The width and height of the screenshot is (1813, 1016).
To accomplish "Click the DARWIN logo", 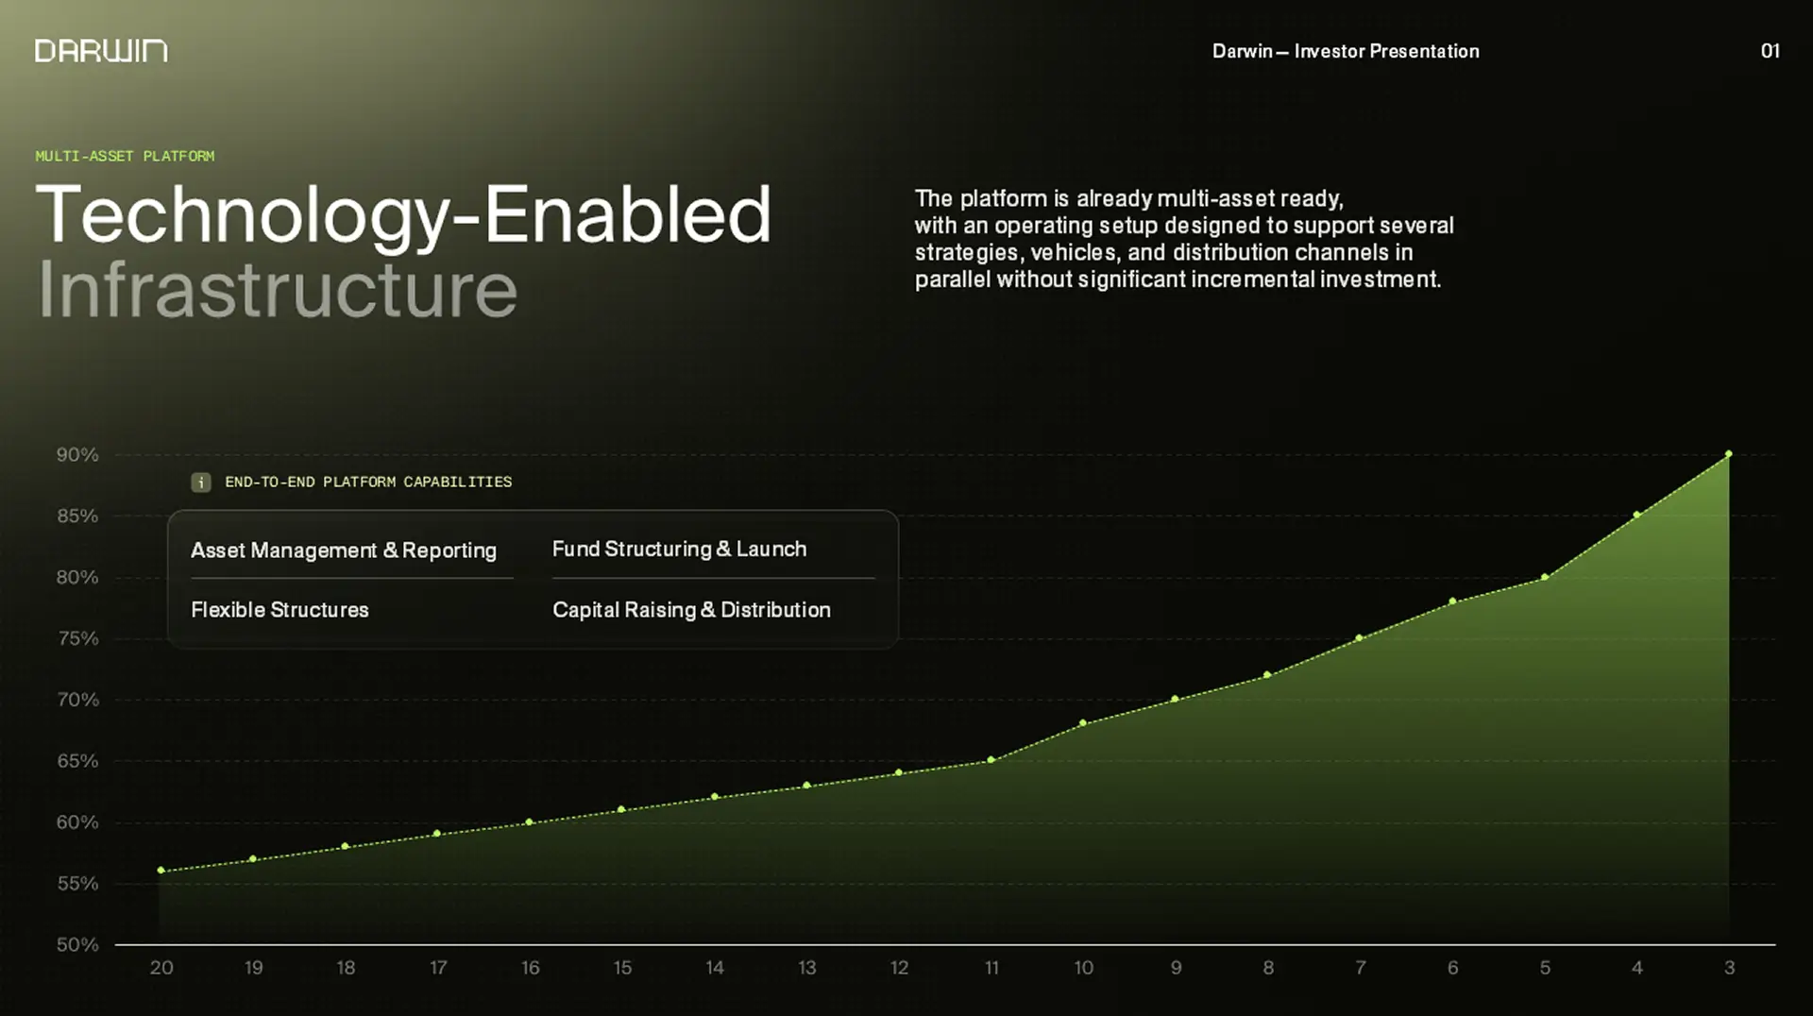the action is (101, 51).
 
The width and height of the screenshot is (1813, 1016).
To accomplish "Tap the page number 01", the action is (1770, 51).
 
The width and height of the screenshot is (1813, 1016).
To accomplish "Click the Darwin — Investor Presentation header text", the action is (1346, 51).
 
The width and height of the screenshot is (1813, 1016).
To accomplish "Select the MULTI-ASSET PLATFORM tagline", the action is (125, 156).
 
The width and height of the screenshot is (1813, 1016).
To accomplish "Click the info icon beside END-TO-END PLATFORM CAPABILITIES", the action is (201, 483).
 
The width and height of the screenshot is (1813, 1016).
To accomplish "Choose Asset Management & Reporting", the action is (344, 550).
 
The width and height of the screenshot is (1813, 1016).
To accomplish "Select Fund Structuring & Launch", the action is (679, 549).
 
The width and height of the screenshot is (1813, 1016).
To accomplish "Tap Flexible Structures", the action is (280, 610).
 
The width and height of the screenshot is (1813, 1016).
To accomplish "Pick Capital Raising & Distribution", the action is (691, 610).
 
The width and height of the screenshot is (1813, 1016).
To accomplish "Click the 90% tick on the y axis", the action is (77, 455).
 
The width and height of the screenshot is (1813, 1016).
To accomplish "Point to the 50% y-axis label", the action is (77, 944).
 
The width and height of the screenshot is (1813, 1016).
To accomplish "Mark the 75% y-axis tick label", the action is (77, 638).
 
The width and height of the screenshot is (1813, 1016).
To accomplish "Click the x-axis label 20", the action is (161, 968).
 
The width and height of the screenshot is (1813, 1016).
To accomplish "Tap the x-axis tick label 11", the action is (991, 968).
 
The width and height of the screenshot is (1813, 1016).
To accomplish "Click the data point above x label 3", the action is (1729, 454).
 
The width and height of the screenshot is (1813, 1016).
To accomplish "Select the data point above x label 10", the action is (1083, 723).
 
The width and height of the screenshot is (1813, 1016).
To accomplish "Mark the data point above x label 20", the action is (161, 871).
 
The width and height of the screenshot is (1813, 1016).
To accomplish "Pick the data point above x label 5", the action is (1545, 577).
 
